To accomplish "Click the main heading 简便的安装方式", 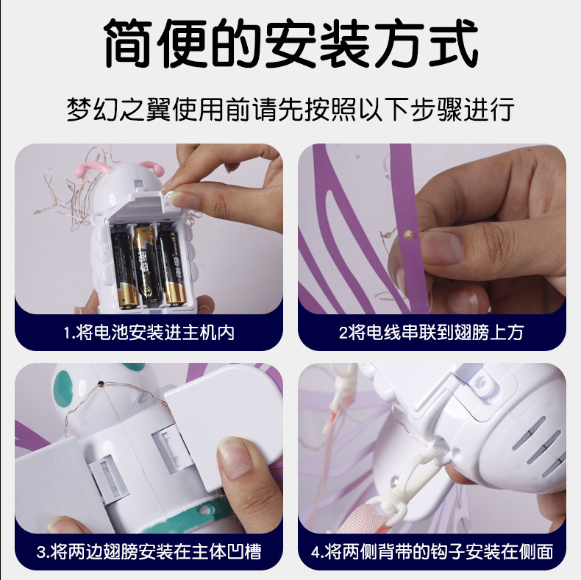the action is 290,43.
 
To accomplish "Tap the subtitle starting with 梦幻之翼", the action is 290,109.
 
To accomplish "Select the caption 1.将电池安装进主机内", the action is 149,332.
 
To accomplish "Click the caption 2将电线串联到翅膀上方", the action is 431,332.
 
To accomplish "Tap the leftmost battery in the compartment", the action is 124,269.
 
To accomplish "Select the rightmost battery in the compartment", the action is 171,267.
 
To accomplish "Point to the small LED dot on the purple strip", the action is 408,234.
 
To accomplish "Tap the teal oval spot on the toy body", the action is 64,389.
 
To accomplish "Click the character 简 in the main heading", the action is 128,43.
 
